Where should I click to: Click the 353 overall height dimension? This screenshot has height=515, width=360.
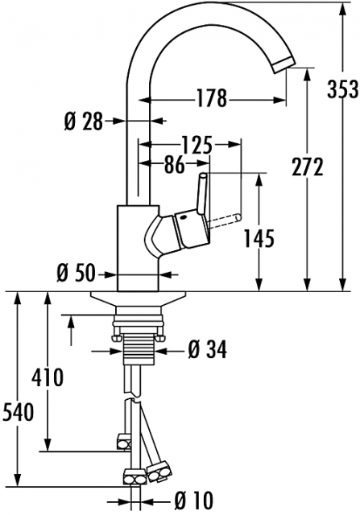point(342,89)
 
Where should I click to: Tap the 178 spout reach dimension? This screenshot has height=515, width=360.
point(211,98)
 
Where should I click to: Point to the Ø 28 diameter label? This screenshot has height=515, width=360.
point(84,122)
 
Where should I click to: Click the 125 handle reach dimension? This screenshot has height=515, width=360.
point(197,145)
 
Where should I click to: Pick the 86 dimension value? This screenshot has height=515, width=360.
point(174,164)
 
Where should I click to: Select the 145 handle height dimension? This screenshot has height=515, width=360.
point(259,238)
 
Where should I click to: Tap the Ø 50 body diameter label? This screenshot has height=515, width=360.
point(76,274)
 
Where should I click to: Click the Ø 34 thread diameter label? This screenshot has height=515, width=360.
point(208,349)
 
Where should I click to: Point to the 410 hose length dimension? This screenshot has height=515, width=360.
point(48,377)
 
